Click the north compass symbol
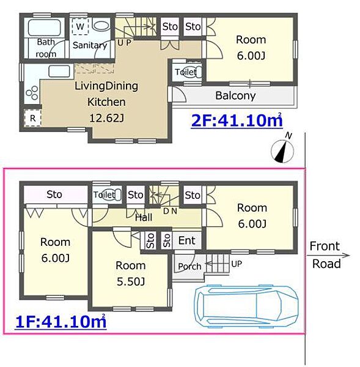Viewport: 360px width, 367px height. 282,151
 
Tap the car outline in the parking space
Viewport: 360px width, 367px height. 246,306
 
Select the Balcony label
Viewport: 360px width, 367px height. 235,96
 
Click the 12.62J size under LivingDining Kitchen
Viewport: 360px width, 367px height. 107,117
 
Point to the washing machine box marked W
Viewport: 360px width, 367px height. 80,26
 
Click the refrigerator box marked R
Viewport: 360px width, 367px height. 32,118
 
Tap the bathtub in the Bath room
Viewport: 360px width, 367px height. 45,28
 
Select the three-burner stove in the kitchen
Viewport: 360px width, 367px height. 32,93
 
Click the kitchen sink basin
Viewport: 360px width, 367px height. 59,72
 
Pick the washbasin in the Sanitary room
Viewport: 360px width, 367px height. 101,26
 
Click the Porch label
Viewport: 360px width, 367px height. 189,266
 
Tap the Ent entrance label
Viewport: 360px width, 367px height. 186,240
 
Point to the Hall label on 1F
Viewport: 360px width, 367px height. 144,217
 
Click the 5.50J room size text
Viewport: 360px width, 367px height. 131,281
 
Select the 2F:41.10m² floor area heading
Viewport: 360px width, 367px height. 237,120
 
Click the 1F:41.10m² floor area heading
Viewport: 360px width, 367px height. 61,322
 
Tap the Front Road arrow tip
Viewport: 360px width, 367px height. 350,255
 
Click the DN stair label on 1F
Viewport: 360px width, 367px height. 170,211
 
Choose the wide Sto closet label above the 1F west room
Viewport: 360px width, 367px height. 54,195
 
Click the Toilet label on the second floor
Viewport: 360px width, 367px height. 186,72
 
